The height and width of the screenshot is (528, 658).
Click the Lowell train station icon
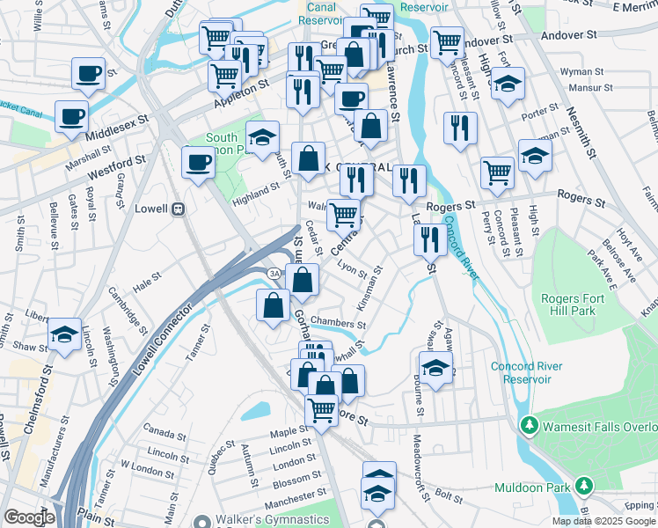point(179,209)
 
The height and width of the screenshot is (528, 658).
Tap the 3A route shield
point(274,275)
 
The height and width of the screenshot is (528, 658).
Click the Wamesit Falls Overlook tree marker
point(529,426)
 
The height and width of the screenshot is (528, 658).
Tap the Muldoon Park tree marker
point(582,486)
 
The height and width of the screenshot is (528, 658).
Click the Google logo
point(30,517)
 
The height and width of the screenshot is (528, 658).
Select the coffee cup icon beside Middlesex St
point(71,116)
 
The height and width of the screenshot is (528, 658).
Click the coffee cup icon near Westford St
point(198,163)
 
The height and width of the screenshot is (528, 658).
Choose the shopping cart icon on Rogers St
point(497,172)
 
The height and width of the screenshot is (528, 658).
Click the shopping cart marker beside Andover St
point(448,40)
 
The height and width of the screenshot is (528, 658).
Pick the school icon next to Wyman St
point(508,84)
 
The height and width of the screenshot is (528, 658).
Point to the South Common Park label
point(223,144)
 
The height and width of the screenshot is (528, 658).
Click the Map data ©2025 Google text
point(603,521)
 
